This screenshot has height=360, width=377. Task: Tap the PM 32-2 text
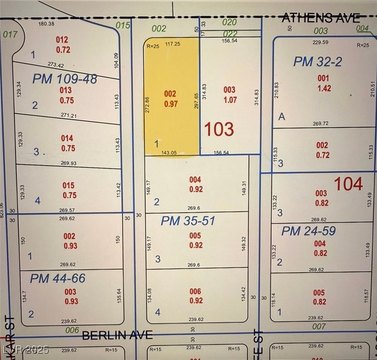317,61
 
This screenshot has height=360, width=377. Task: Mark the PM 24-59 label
311,231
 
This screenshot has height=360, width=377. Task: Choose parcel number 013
66,89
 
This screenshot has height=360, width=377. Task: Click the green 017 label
11,33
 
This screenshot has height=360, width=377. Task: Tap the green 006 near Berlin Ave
71,328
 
